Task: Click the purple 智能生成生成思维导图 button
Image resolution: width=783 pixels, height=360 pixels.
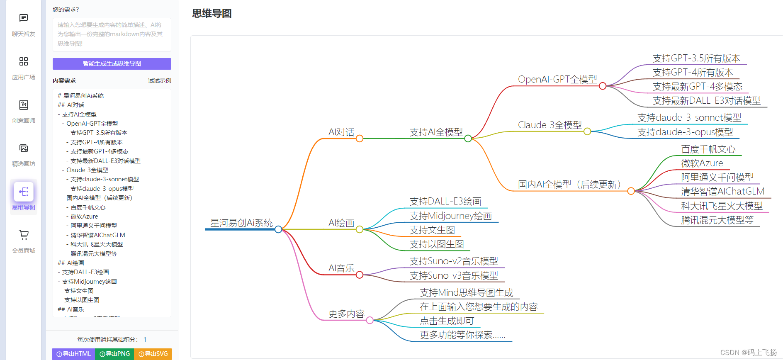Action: point(112,63)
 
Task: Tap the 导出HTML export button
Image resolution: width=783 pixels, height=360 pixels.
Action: point(73,354)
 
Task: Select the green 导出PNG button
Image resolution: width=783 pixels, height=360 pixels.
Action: point(114,354)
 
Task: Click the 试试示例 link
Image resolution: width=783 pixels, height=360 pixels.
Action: point(159,80)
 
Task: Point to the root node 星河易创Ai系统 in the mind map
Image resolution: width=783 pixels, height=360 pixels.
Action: point(241,223)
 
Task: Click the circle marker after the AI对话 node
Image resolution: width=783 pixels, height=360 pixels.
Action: point(360,139)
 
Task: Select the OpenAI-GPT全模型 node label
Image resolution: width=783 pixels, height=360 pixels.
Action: point(557,79)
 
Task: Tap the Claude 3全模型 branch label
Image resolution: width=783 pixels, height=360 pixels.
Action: point(550,125)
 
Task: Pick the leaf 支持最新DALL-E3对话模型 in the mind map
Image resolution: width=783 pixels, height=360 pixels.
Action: point(706,101)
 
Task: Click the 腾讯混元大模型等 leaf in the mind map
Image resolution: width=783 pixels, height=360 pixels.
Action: point(717,220)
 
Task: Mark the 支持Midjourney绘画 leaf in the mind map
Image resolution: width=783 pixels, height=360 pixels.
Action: point(450,216)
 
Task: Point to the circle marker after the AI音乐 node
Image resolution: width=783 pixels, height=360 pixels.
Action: point(360,275)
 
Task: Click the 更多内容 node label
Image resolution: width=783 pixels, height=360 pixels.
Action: point(346,314)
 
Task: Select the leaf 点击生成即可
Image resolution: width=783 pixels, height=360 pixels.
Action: point(447,321)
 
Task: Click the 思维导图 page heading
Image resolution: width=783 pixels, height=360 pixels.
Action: point(212,13)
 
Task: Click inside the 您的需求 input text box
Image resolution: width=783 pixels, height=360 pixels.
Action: point(112,34)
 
